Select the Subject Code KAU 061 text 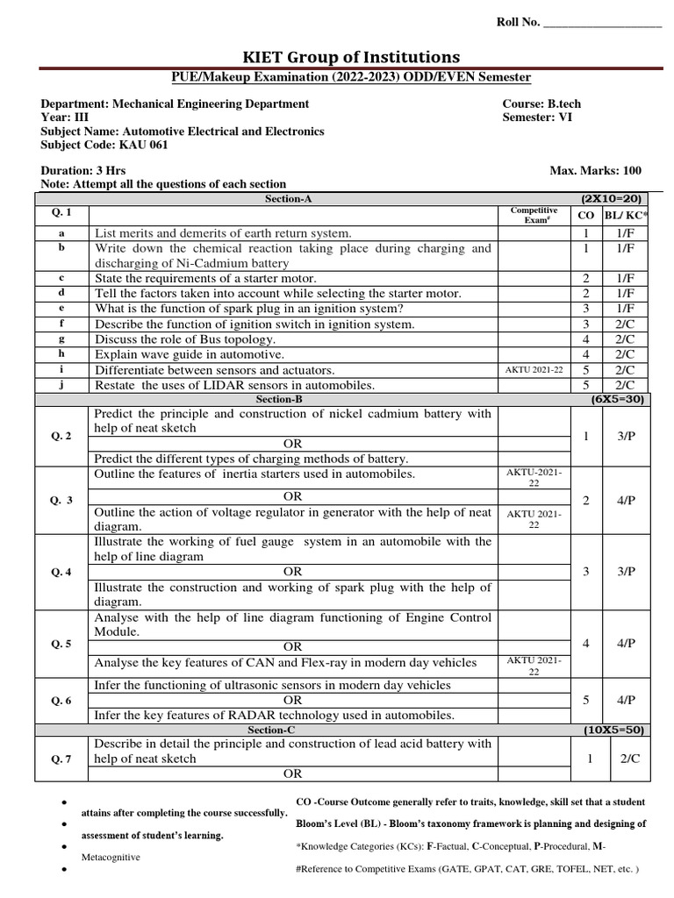(x=92, y=146)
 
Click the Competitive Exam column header (x=533, y=215)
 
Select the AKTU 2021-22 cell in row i (x=533, y=370)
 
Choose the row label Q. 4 (x=61, y=572)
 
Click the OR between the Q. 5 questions (x=292, y=647)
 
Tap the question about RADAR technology (x=274, y=715)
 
